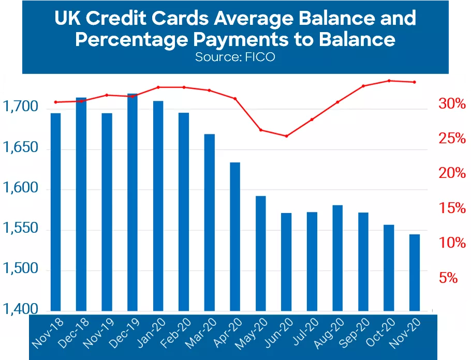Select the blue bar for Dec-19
click(133, 202)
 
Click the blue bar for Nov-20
click(415, 272)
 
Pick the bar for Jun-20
click(286, 262)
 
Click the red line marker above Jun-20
click(286, 136)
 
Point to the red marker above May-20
click(261, 130)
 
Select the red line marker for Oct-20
click(389, 81)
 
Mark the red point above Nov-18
click(55, 102)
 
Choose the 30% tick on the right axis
click(452, 104)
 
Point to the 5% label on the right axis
click(448, 278)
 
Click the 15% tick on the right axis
click(452, 208)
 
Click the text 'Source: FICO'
click(234, 57)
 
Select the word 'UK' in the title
click(68, 19)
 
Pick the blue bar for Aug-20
click(337, 258)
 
